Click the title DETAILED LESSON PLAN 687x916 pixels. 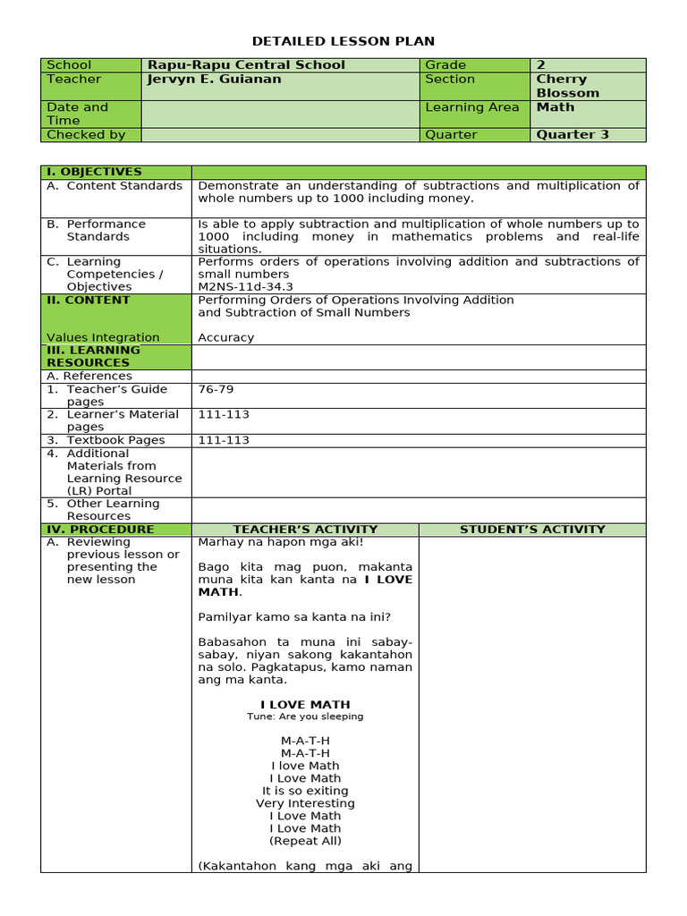[343, 41]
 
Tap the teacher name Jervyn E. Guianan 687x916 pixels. [214, 79]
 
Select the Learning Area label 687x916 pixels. [471, 107]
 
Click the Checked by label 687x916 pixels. [86, 134]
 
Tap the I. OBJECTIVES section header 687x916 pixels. [94, 172]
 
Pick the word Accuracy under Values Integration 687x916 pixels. [225, 337]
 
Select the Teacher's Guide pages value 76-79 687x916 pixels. [216, 389]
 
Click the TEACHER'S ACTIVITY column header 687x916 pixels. [305, 530]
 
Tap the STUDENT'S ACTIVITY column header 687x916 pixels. [532, 530]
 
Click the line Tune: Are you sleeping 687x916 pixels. [305, 717]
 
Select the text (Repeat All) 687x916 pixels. [305, 841]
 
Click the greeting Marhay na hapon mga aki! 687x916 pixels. [281, 542]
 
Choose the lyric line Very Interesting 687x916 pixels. [305, 803]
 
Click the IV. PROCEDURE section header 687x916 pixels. [99, 530]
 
